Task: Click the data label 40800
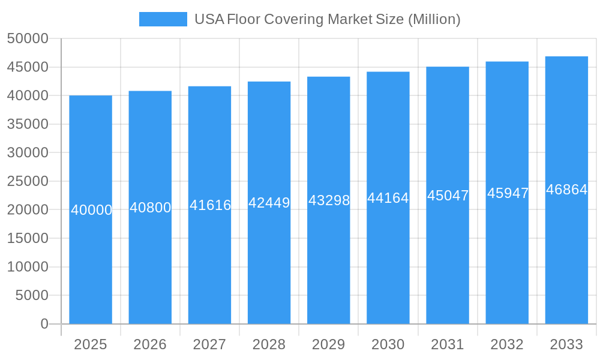pyautogui.click(x=151, y=208)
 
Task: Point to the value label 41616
pyautogui.click(x=210, y=205)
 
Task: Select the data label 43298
pyautogui.click(x=329, y=200)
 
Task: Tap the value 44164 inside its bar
pyautogui.click(x=388, y=198)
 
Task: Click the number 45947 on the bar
pyautogui.click(x=508, y=193)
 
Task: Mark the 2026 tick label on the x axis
pyautogui.click(x=150, y=344)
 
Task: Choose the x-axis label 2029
pyautogui.click(x=328, y=344)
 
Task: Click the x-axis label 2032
pyautogui.click(x=507, y=344)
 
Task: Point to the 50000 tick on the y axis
pyautogui.click(x=28, y=38)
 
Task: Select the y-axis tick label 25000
pyautogui.click(x=28, y=181)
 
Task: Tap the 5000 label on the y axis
pyautogui.click(x=32, y=295)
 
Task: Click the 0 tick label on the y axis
pyautogui.click(x=44, y=324)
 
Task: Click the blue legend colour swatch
pyautogui.click(x=163, y=19)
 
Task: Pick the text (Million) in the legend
pyautogui.click(x=434, y=19)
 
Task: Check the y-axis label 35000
pyautogui.click(x=28, y=124)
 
